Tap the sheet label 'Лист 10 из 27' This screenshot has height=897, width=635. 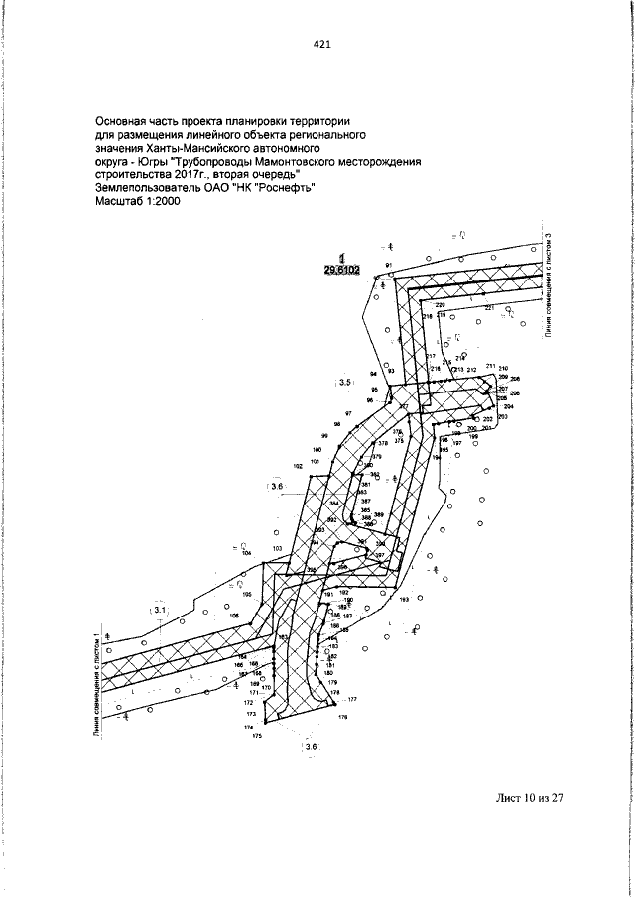pyautogui.click(x=527, y=797)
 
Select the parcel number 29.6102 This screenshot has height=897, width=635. pyautogui.click(x=340, y=269)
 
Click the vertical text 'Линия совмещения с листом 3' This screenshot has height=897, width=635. pyautogui.click(x=548, y=285)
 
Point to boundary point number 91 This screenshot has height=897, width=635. pyautogui.click(x=390, y=266)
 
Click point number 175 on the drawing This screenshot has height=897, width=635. pyautogui.click(x=256, y=737)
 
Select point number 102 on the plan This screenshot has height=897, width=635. pyautogui.click(x=298, y=466)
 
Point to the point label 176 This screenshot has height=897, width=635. pyautogui.click(x=343, y=716)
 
